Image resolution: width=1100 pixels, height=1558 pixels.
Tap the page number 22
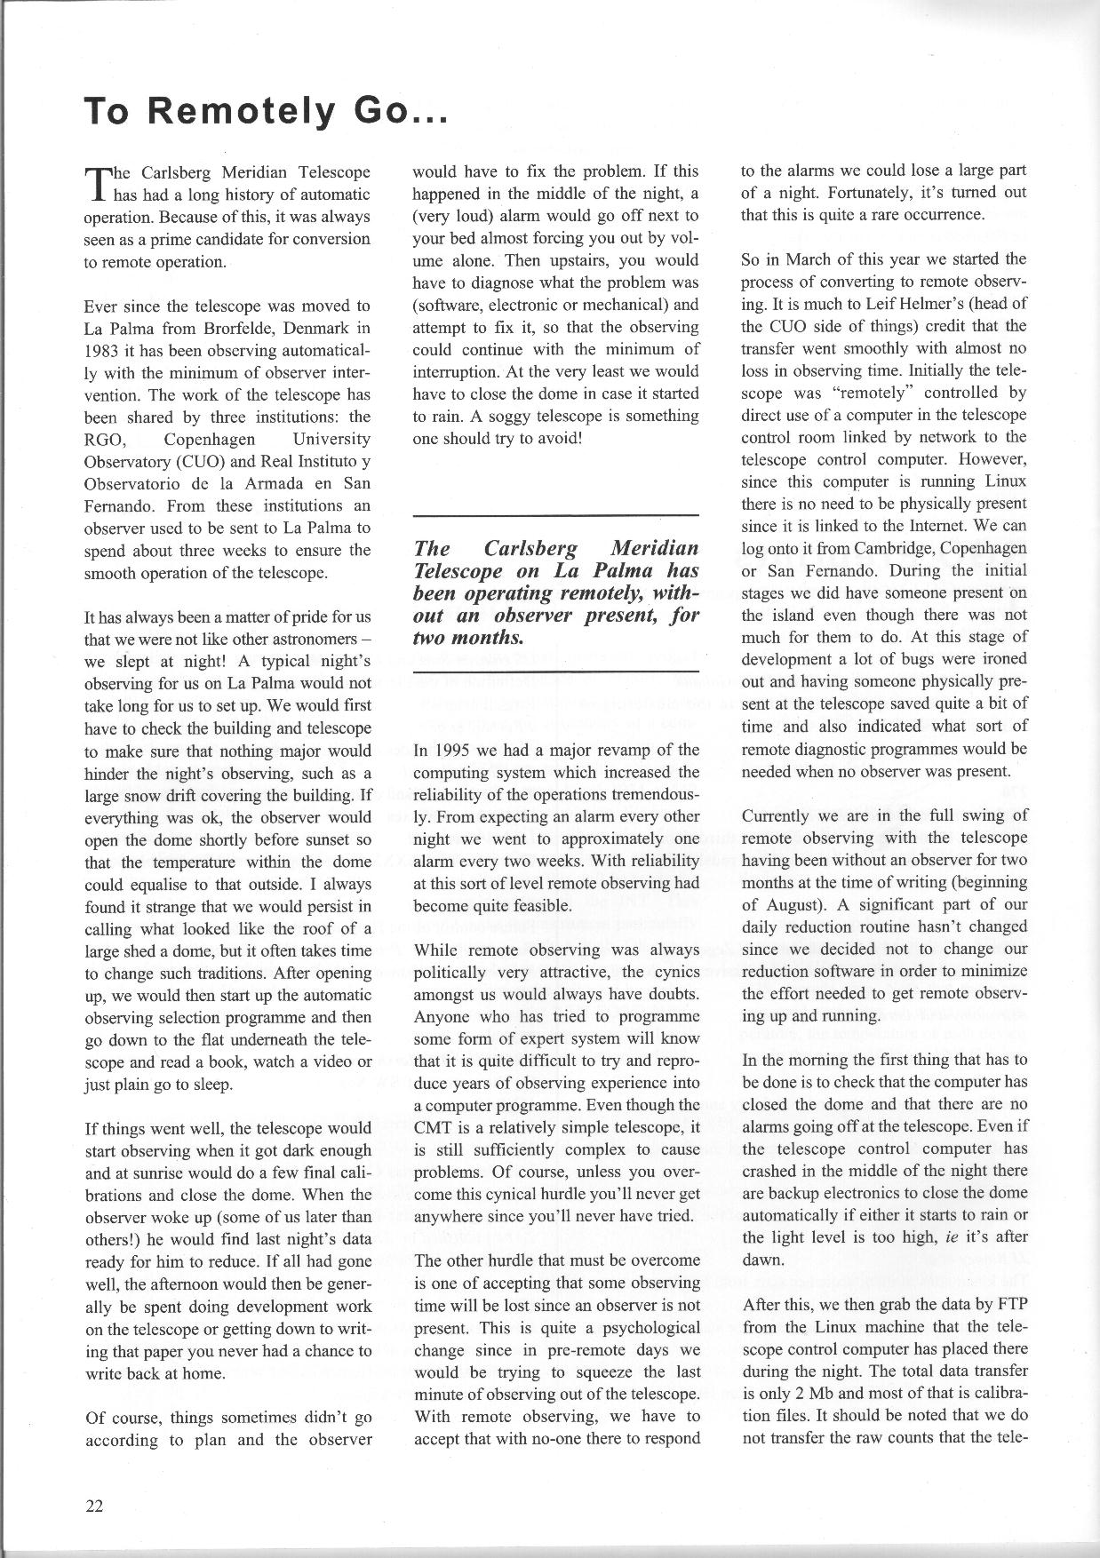tap(94, 1505)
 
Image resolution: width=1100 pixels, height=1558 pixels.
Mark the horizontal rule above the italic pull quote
tap(556, 515)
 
